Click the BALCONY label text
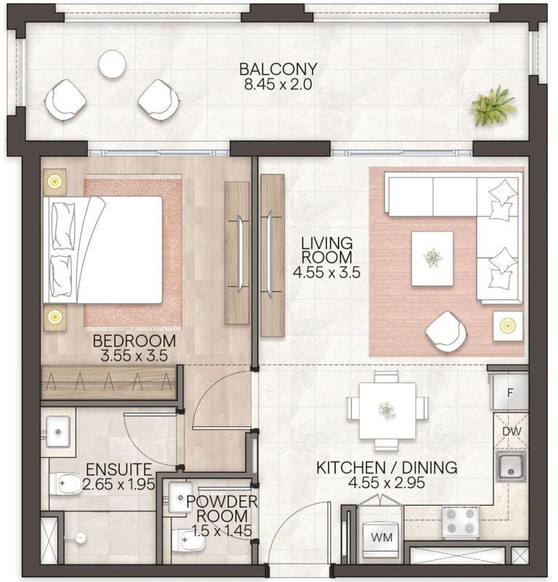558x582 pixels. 278,70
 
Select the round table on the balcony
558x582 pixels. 113,64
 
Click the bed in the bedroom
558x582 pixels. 102,249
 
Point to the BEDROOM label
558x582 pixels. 134,341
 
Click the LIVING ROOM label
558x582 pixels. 328,250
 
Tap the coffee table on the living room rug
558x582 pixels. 432,258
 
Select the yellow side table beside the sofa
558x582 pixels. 507,326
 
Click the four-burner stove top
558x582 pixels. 461,521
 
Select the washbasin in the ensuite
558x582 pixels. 58,432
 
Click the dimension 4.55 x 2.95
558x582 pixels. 386,482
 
